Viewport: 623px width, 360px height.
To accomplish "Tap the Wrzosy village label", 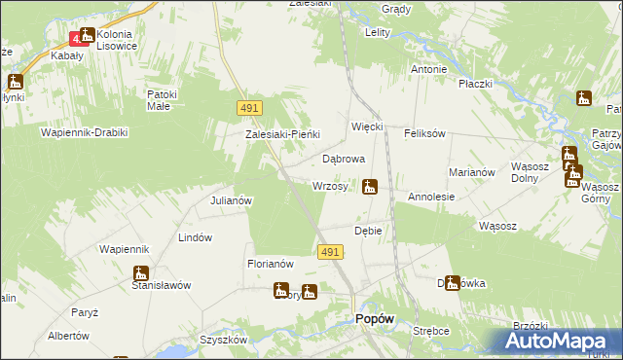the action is pos(330,186).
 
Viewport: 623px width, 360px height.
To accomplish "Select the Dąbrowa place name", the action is pos(343,158).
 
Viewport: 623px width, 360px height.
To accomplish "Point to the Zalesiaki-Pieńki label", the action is pos(282,134).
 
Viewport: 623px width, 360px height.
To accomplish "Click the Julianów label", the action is pos(232,200).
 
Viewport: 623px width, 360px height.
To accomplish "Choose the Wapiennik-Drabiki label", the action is pos(84,131).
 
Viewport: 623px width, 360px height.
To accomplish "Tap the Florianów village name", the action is pos(271,263).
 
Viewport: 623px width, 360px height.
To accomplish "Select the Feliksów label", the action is pos(424,132).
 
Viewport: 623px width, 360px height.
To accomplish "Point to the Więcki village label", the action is pos(368,126).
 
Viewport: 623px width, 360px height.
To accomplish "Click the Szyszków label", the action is pos(220,340).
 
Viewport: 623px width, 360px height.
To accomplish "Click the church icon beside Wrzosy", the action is pos(370,186).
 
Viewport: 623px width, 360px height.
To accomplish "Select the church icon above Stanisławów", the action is pos(142,273).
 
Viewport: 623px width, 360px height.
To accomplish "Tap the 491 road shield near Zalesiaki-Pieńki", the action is pos(247,109).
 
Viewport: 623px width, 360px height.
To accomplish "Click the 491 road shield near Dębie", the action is pos(329,252).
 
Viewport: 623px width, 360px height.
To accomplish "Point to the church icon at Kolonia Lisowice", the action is pos(87,36).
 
